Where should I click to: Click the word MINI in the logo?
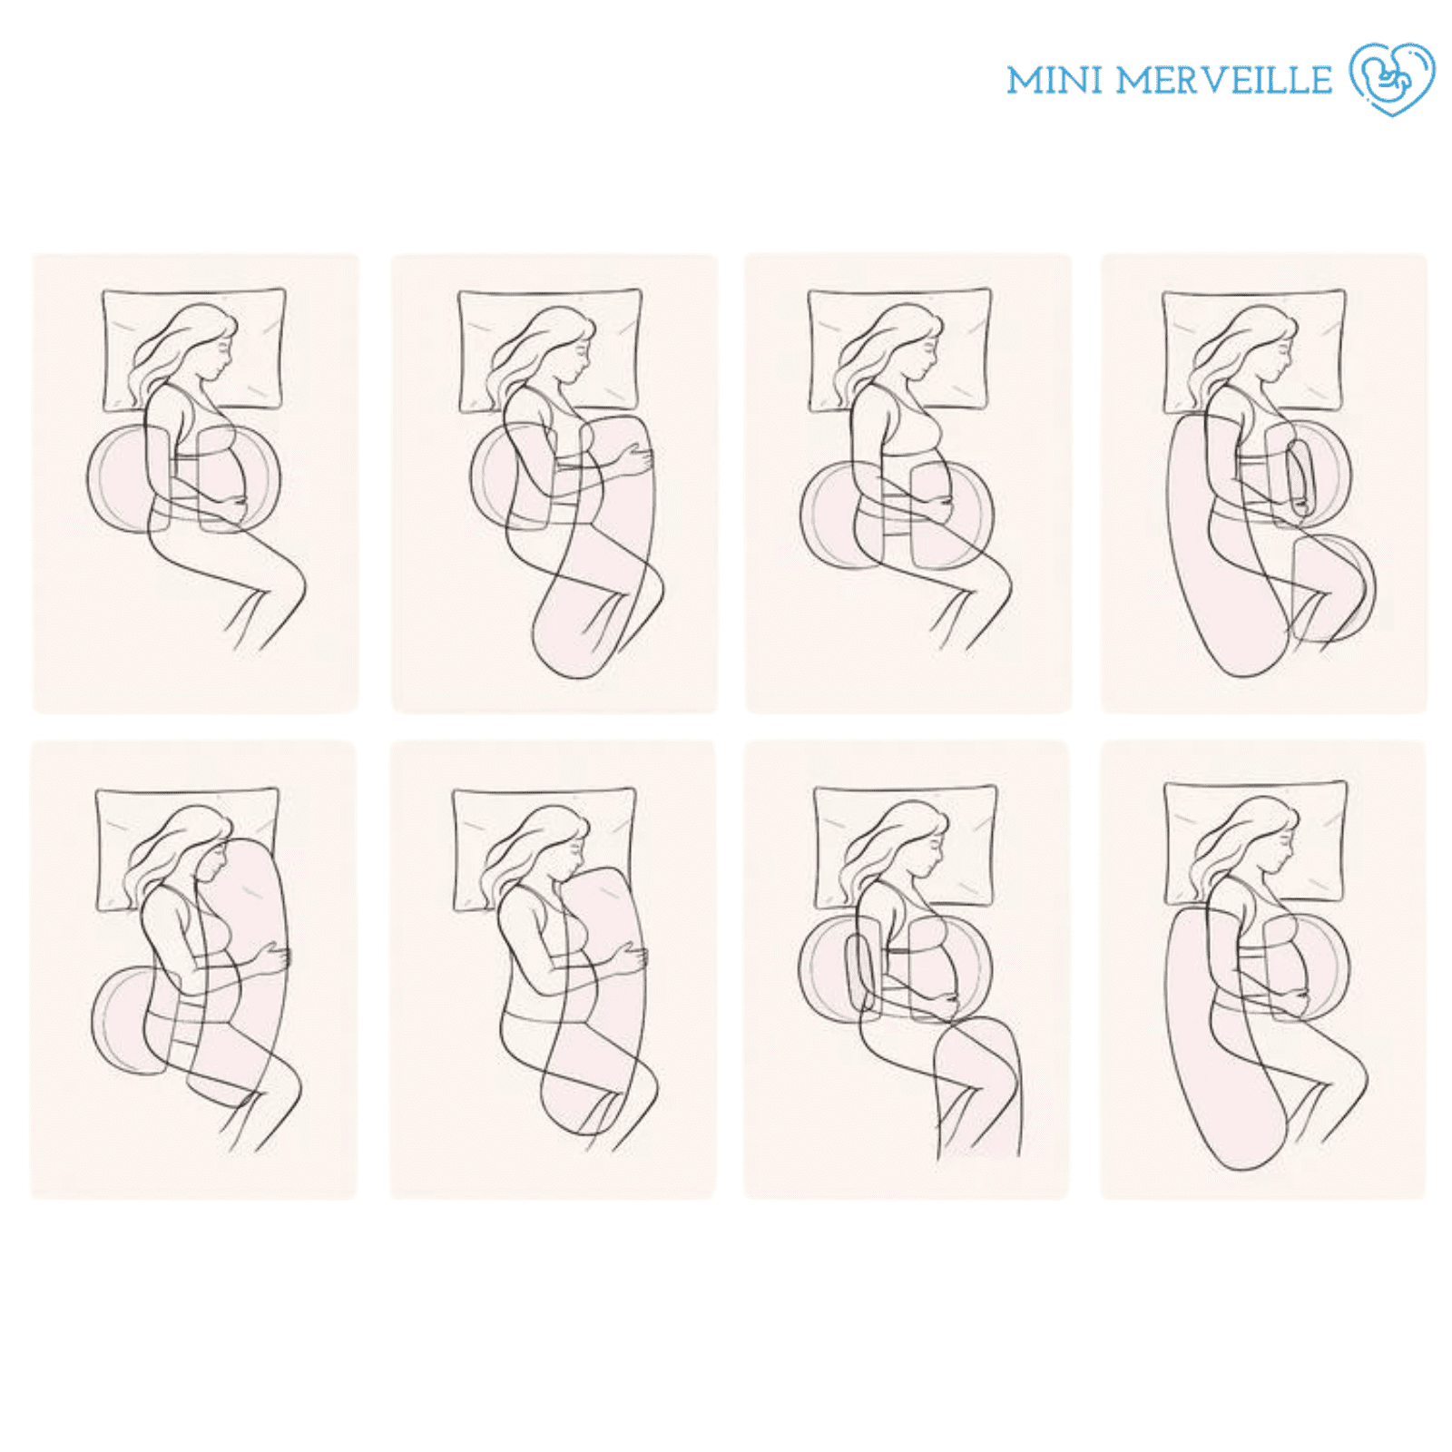pyautogui.click(x=1054, y=80)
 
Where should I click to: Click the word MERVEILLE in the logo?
pyautogui.click(x=1223, y=80)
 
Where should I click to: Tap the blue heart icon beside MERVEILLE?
pyautogui.click(x=1392, y=79)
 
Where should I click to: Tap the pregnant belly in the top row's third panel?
pyautogui.click(x=929, y=490)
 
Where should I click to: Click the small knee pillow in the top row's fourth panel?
pyautogui.click(x=1334, y=585)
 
